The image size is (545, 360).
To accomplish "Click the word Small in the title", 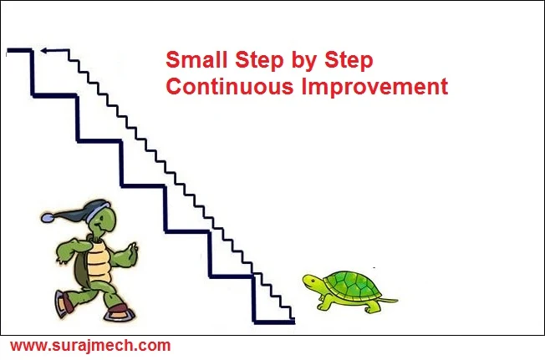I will coord(194,62).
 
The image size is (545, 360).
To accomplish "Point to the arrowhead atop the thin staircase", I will coord(44,53).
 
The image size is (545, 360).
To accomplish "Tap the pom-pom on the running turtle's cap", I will coord(47,218).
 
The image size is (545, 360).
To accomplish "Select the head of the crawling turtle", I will coord(312,284).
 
